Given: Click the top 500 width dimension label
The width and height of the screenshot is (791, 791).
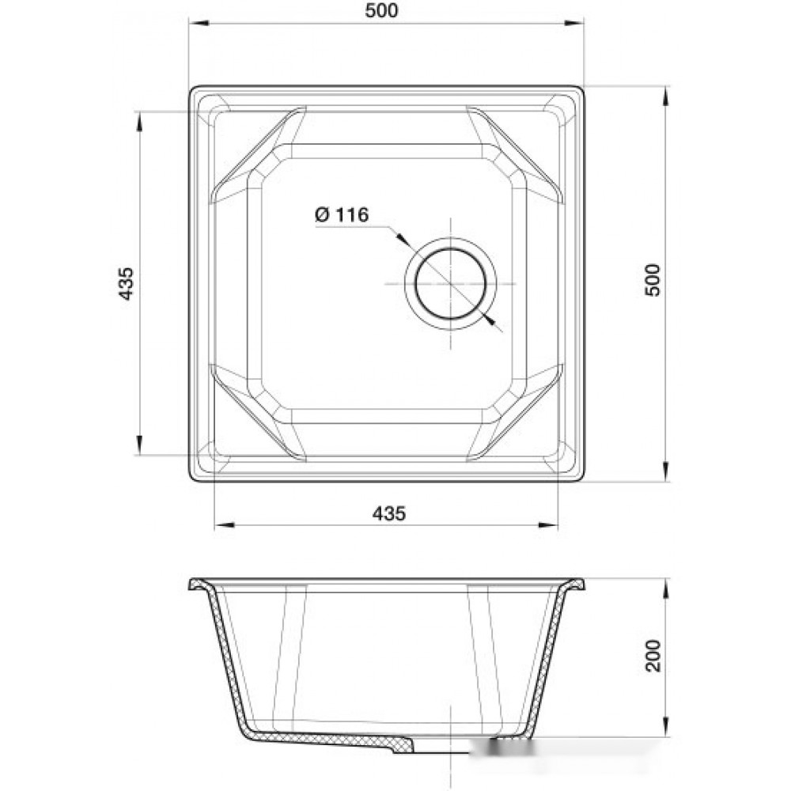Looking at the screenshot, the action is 381,10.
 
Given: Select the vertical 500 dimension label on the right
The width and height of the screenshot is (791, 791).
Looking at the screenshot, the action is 653,280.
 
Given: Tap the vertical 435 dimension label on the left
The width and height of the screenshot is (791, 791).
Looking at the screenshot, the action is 126,283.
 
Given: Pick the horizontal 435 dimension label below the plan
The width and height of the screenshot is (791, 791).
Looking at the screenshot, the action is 389,513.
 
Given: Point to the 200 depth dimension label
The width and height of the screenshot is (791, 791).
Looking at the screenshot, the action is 653,655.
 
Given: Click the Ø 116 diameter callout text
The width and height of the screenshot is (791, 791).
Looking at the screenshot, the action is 342,215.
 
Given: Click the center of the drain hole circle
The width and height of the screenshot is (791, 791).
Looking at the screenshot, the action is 451,283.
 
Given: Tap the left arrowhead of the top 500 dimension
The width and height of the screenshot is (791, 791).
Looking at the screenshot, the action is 199,23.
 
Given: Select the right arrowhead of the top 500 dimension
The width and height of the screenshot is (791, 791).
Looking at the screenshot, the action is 573,23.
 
